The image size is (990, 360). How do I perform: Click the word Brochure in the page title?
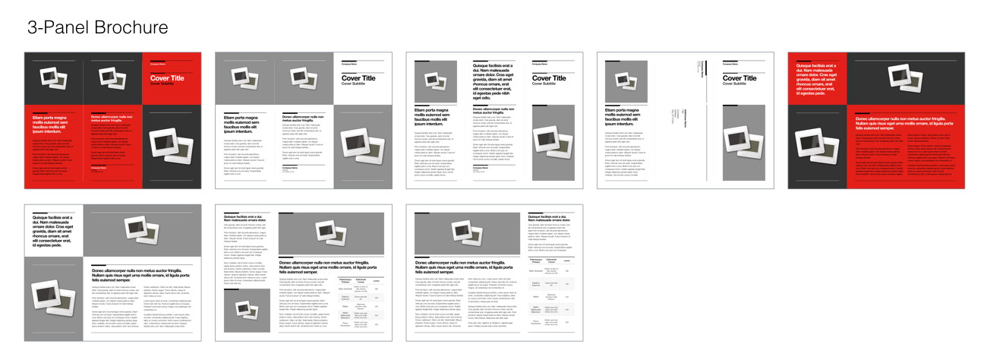click(131, 27)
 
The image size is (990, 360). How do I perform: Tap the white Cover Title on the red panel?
click(167, 77)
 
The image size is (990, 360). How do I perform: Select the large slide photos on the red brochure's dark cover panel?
click(172, 144)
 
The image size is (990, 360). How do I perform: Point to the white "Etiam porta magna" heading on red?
click(53, 125)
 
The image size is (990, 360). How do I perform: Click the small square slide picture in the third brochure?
click(436, 81)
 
